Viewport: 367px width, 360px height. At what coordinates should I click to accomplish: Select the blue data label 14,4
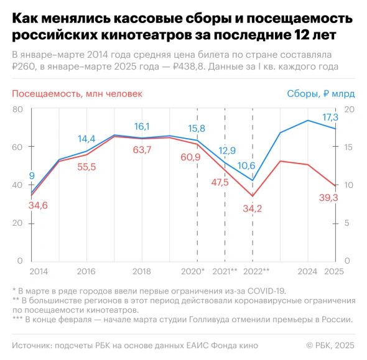(x=86, y=139)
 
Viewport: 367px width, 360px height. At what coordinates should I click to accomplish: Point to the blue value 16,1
(x=143, y=126)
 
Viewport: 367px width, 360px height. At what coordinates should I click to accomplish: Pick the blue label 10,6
(x=246, y=165)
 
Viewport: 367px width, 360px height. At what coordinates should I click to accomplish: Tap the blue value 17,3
(x=329, y=117)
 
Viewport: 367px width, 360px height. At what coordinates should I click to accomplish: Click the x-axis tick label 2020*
(x=193, y=272)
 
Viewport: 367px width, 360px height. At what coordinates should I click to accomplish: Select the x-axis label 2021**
(x=225, y=272)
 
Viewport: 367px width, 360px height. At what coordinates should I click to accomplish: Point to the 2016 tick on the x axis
(x=86, y=272)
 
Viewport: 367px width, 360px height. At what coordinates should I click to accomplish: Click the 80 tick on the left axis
(x=17, y=109)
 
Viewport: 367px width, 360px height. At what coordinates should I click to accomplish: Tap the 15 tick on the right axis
(x=349, y=147)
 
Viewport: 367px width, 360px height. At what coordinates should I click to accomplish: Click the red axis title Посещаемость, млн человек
(x=77, y=94)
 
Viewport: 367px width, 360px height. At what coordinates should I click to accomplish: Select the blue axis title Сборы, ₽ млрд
(x=320, y=94)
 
